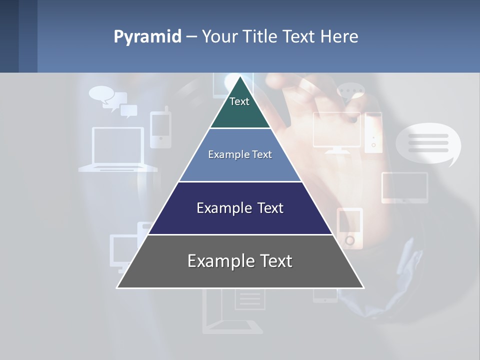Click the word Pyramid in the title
(x=147, y=37)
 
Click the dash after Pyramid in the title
(x=191, y=37)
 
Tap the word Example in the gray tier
(x=217, y=261)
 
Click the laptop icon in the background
(x=118, y=149)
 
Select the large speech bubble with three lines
(x=428, y=143)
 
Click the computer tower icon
(x=373, y=132)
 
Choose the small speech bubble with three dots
(x=351, y=92)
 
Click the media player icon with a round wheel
(x=349, y=228)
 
